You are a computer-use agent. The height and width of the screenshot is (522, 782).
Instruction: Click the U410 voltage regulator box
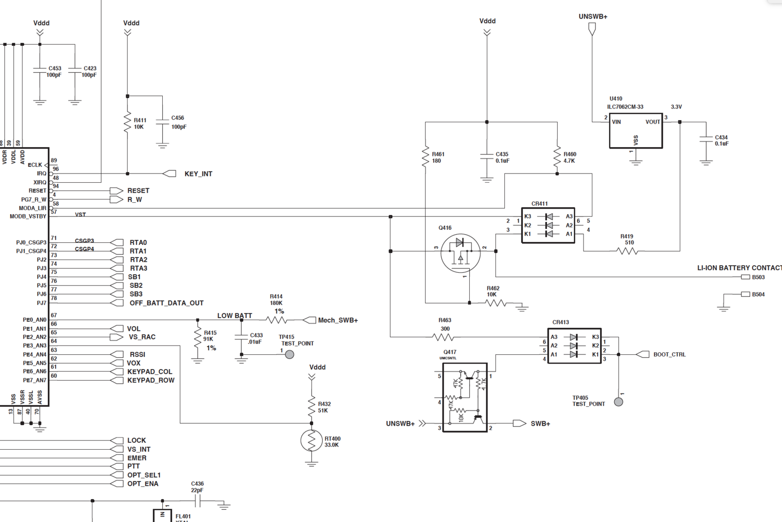635,130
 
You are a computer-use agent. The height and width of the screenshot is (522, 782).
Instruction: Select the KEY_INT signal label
198,174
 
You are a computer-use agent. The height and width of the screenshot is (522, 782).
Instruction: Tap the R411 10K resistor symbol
128,123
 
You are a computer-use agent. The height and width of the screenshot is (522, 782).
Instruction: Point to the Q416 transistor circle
460,253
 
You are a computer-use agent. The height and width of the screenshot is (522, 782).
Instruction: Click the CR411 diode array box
548,225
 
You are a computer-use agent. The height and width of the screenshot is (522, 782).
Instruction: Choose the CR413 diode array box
574,346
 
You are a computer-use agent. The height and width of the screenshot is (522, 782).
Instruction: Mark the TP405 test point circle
618,402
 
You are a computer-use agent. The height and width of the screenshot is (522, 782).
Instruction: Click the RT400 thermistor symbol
311,441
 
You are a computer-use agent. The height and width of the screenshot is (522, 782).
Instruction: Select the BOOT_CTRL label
669,354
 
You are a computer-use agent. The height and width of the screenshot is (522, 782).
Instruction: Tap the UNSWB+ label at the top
593,17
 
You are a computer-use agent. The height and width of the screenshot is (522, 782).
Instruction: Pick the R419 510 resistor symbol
628,251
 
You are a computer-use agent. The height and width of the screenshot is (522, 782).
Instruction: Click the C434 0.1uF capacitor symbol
706,140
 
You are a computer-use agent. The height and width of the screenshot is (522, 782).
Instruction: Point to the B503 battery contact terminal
745,277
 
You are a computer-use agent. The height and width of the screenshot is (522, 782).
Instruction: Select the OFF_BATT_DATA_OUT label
166,303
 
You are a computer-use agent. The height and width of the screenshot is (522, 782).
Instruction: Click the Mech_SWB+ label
338,320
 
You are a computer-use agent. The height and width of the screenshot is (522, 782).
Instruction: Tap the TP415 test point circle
290,354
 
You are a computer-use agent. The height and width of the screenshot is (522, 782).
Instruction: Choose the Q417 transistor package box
465,397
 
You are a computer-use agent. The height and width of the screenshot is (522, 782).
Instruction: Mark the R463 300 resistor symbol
444,337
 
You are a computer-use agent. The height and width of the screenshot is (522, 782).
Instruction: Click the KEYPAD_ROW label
151,380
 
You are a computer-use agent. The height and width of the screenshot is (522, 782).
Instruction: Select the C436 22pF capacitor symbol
197,501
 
